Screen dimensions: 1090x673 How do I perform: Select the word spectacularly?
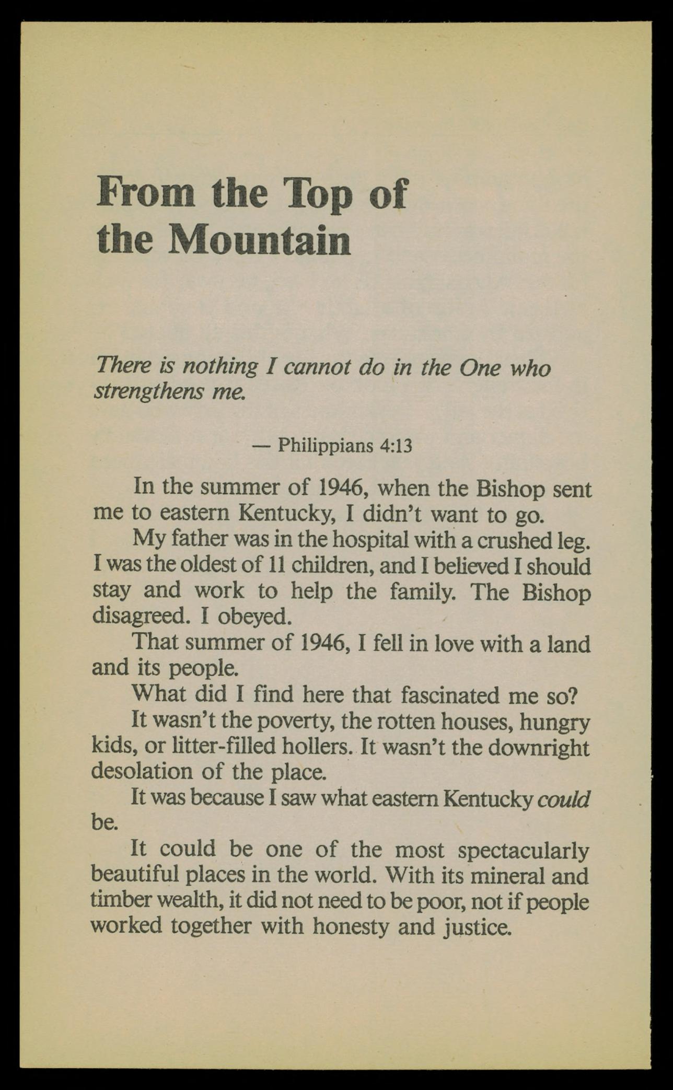523,850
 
